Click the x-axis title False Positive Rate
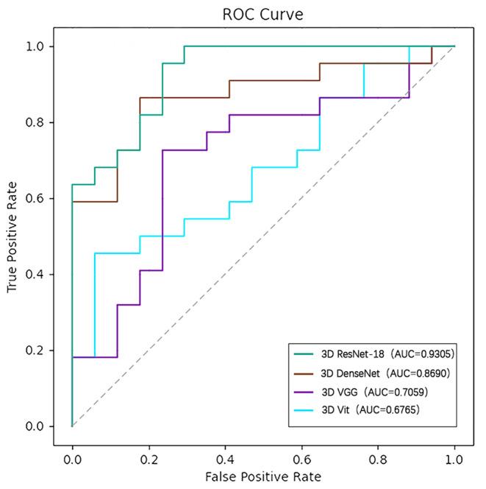tap(263, 477)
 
